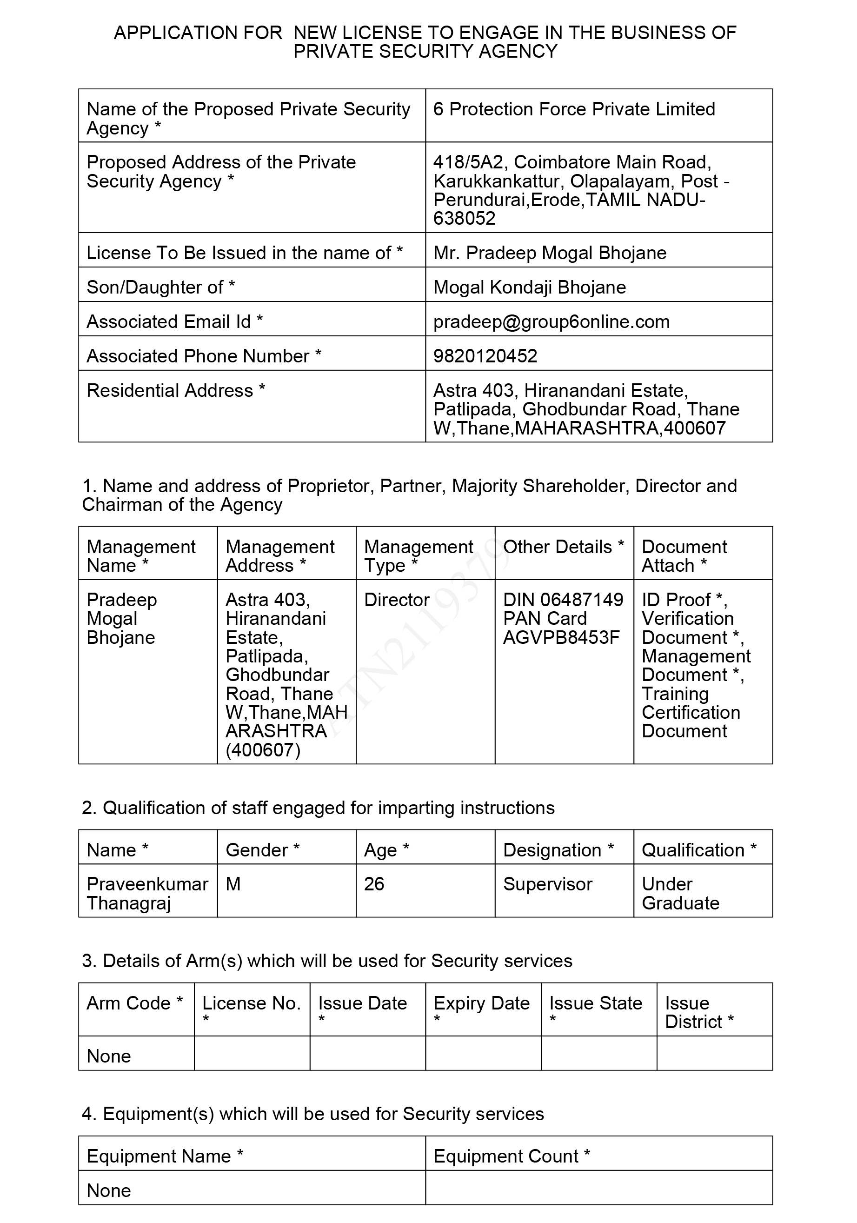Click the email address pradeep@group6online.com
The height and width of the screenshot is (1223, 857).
(551, 322)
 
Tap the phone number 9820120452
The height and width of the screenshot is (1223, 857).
(485, 356)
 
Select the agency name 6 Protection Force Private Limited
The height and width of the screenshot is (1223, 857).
(574, 109)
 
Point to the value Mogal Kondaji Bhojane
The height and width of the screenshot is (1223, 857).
(529, 287)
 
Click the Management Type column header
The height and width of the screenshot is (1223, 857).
(418, 556)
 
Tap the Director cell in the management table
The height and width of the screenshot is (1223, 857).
(397, 600)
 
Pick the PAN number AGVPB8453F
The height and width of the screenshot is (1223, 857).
(561, 638)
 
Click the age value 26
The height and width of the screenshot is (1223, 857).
(374, 884)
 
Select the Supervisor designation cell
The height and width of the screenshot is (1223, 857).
(547, 884)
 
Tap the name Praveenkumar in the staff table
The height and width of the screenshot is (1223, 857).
(147, 884)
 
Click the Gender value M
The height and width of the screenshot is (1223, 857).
(233, 884)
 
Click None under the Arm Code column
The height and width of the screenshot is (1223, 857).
(109, 1056)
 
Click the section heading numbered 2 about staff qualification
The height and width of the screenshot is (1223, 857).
(318, 808)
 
